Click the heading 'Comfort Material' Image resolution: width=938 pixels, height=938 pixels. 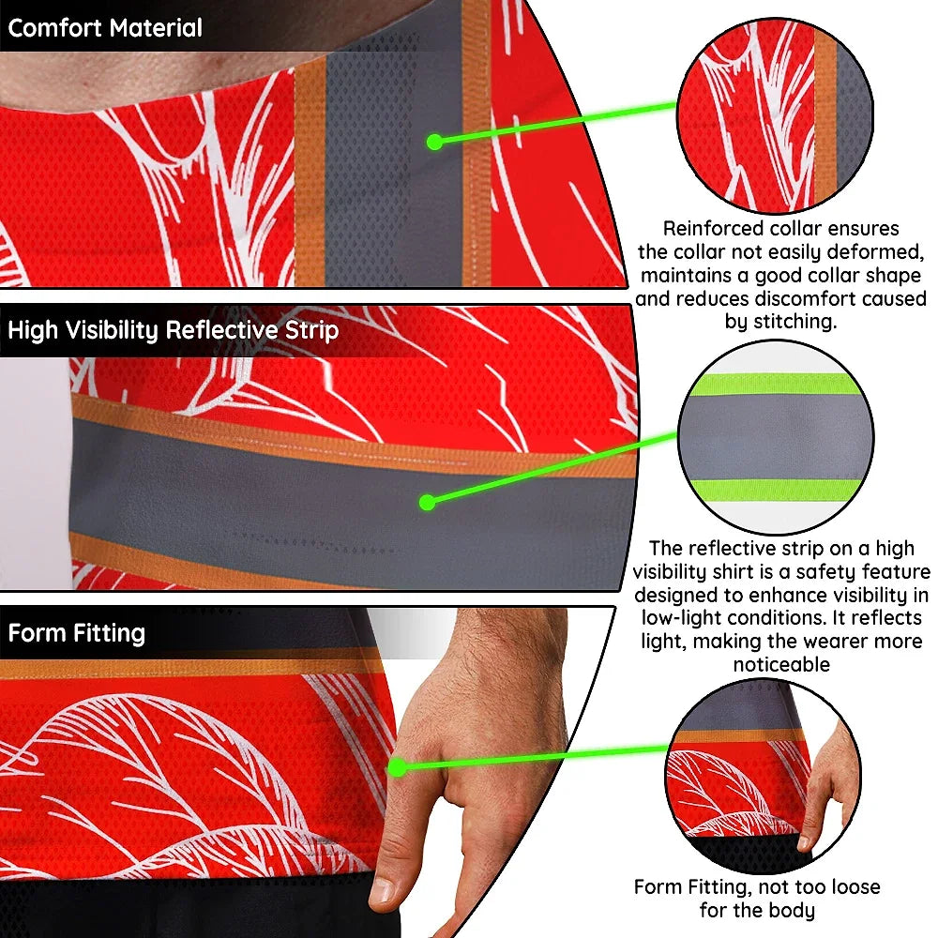click(105, 28)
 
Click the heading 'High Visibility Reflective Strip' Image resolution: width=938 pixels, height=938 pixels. click(174, 330)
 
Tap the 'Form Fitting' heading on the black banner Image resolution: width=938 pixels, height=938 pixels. click(77, 633)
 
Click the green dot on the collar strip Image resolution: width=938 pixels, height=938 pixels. click(435, 142)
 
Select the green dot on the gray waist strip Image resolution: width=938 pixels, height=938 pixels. click(427, 503)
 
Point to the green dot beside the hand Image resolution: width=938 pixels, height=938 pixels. click(397, 767)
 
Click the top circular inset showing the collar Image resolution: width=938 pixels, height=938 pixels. click(776, 115)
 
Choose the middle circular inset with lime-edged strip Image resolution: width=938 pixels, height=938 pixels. click(776, 437)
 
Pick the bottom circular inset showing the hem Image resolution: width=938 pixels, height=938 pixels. click(764, 777)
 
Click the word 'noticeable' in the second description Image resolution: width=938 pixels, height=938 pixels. click(781, 665)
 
